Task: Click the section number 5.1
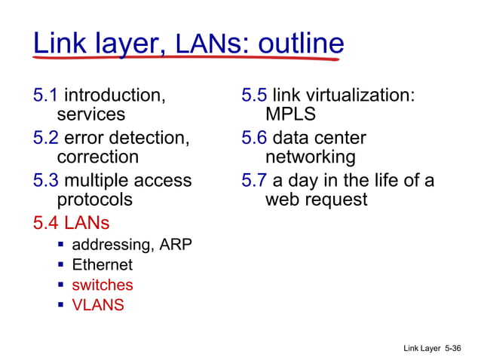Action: click(x=46, y=96)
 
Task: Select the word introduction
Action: click(x=114, y=96)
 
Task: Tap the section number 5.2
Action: click(x=46, y=139)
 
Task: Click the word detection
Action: click(x=149, y=139)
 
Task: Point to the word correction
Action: click(x=98, y=157)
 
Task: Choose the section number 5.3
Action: click(x=46, y=181)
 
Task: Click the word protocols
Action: click(x=95, y=200)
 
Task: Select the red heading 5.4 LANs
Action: click(x=72, y=223)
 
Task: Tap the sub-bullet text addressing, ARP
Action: click(x=132, y=245)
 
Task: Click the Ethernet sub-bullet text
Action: click(x=102, y=265)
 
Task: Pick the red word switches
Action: click(x=102, y=285)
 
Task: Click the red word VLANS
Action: click(x=98, y=305)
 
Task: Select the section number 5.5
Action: click(x=254, y=96)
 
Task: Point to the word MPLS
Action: click(x=290, y=115)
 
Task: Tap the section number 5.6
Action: click(x=254, y=139)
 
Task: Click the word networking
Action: click(x=310, y=157)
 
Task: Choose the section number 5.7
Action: click(x=254, y=181)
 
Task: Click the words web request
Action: click(x=316, y=200)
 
